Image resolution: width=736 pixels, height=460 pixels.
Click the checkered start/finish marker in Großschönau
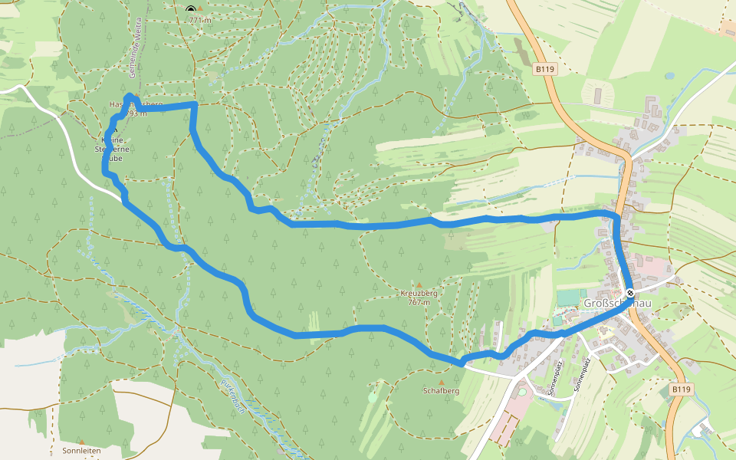[630, 293]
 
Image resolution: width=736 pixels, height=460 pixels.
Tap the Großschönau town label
[618, 303]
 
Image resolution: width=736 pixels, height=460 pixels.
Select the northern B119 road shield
[545, 69]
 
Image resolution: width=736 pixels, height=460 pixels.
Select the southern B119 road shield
[681, 389]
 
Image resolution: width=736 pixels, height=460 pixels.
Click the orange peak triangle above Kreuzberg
[419, 284]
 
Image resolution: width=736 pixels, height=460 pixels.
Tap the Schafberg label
[441, 391]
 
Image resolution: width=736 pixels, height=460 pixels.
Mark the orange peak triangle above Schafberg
[441, 382]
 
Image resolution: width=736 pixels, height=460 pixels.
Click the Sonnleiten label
[82, 451]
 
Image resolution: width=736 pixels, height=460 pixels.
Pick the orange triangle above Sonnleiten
[82, 442]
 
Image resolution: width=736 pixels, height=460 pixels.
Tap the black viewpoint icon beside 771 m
[190, 9]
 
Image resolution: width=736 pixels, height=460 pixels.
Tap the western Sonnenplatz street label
[555, 378]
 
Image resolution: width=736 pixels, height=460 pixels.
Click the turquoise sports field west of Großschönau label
[569, 297]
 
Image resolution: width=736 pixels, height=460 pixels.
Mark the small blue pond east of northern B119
[669, 76]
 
